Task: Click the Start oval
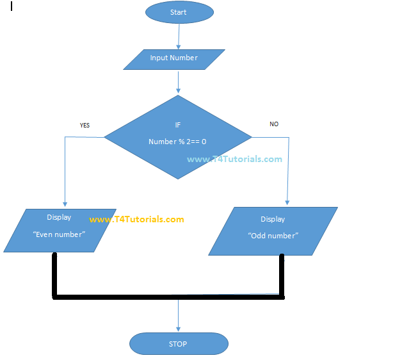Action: tap(179, 12)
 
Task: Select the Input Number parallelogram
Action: tap(173, 59)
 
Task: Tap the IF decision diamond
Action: tap(177, 136)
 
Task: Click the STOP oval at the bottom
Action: tap(178, 344)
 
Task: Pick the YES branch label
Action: tap(84, 126)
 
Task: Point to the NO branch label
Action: tap(274, 124)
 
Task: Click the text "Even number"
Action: tap(58, 234)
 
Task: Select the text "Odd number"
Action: tap(273, 236)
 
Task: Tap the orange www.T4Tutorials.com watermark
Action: tap(136, 220)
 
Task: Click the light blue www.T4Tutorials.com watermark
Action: tap(234, 160)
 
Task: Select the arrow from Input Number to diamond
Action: tap(178, 82)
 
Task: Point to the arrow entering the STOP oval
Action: tap(178, 316)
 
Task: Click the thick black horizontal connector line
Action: tap(168, 297)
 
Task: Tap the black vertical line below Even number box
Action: tap(54, 274)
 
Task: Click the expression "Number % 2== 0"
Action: tap(177, 142)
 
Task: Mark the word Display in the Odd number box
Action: tap(273, 219)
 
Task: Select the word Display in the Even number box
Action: tap(59, 218)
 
